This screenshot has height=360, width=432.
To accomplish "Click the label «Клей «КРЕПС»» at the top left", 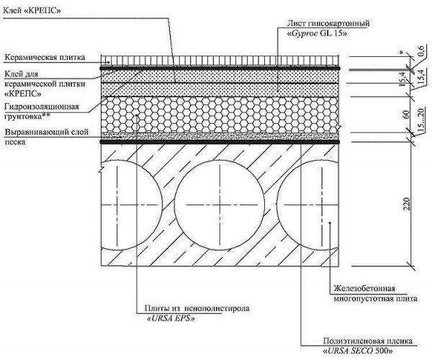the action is coord(32,11).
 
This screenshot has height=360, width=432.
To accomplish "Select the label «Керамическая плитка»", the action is coord(45,58).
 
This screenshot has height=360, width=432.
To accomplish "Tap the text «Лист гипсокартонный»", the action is coord(328,24).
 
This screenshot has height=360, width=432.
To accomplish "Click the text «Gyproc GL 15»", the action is coord(317,34).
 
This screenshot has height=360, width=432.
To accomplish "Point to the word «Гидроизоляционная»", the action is coord(42,107).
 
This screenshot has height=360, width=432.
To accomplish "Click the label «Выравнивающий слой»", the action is coord(47,132).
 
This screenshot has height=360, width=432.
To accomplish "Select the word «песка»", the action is coord(15,143).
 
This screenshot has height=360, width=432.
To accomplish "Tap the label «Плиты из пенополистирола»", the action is coord(197,308).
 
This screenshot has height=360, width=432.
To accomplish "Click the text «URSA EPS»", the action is coord(171,319).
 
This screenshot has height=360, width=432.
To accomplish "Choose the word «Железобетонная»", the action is coord(364,289).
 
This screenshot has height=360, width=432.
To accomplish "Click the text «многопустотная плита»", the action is coord(376,299).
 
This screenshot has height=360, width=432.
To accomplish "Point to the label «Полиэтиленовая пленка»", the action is coord(368,341).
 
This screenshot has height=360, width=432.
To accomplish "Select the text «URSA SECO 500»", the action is coord(358,351).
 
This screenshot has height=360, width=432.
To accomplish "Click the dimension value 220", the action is coord(407,204).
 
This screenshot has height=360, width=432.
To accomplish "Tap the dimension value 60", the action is coord(407,114).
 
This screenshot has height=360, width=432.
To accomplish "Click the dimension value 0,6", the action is coord(420,51).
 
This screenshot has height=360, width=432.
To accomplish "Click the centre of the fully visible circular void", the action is coord(220,205).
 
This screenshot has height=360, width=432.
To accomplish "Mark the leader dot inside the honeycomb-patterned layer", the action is coord(137,114).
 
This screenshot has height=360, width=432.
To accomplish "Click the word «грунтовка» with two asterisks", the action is coord(27,117).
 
